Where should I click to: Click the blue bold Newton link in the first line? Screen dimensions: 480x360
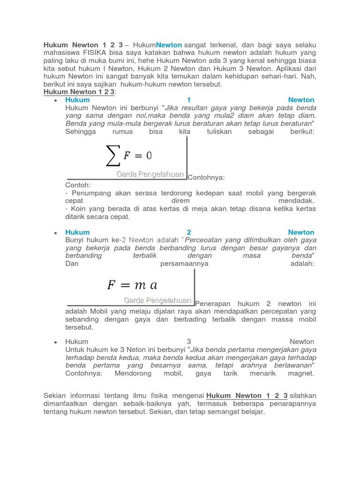point(169,45)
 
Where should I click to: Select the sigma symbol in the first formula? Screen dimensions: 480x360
point(113,155)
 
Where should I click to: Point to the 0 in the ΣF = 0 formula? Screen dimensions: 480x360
point(149,156)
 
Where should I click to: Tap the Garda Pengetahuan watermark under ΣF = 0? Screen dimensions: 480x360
point(150,174)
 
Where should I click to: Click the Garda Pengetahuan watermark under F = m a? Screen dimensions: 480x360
point(157,300)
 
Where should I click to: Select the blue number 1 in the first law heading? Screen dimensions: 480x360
point(189,100)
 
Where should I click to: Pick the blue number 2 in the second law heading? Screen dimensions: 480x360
point(189,232)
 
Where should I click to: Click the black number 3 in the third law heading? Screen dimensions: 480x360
point(189,342)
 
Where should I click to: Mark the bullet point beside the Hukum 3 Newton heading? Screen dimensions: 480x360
point(55,342)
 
